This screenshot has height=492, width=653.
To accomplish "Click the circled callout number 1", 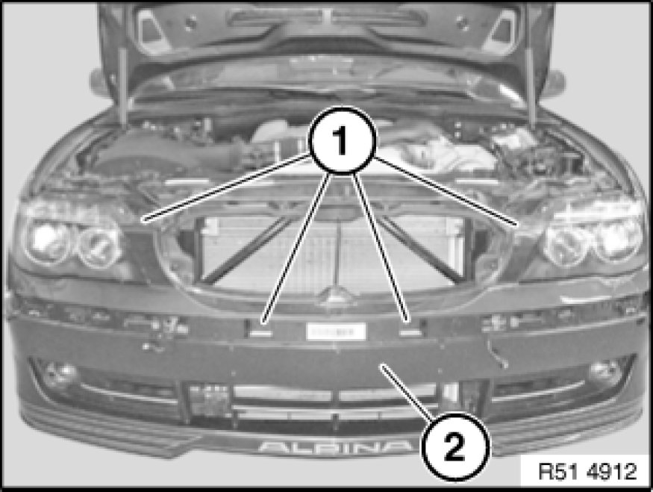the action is point(342,140).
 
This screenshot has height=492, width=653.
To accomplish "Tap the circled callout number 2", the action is point(455,447).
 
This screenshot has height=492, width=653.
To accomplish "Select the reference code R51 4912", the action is point(587,472).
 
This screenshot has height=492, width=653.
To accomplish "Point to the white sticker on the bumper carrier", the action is point(336,331).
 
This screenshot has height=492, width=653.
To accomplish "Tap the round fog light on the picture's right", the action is point(604,372).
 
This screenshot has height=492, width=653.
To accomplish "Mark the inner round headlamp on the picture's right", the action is point(566,246).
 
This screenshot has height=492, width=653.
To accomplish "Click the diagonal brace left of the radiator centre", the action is point(245,250).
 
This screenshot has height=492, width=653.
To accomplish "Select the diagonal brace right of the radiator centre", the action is point(421,250).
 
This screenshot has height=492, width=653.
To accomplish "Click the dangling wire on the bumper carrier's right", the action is point(497,353).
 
